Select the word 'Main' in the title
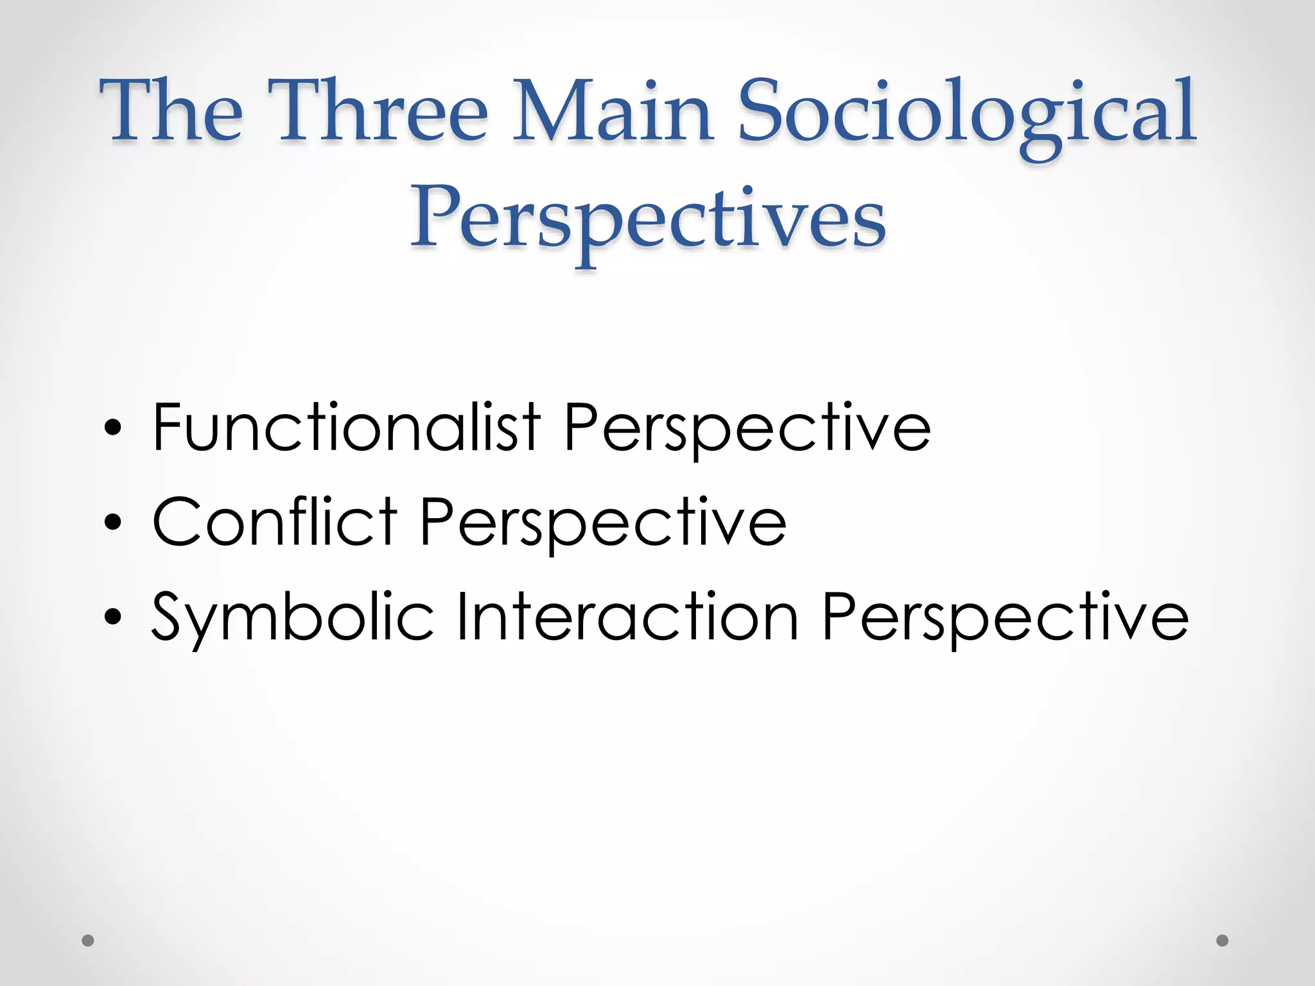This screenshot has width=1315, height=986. [x=613, y=110]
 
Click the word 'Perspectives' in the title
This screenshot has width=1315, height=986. [x=649, y=218]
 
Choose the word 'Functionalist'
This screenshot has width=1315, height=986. [x=347, y=426]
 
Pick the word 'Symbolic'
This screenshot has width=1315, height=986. [x=293, y=616]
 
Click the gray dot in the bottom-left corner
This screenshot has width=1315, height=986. [x=89, y=940]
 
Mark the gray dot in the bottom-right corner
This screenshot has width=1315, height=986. [x=1223, y=940]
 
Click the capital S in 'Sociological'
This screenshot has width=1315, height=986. [x=764, y=110]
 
